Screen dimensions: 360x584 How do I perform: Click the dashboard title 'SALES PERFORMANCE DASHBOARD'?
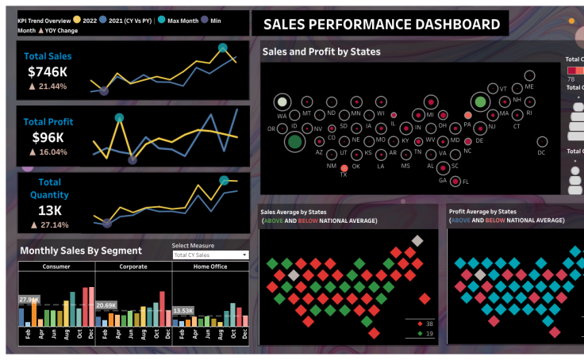pos(382,24)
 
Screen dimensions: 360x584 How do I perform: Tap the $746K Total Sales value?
pos(48,71)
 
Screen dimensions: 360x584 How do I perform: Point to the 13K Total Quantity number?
pos(49,210)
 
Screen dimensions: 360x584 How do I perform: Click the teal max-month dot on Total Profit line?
pos(119,118)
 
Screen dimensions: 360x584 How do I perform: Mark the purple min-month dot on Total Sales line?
pos(104,91)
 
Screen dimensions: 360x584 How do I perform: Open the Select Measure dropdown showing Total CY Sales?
pos(210,255)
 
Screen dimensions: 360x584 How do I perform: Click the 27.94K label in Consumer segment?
pos(29,300)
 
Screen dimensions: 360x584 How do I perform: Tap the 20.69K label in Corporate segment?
pos(106,305)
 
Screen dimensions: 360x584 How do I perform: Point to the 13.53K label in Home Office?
pos(183,310)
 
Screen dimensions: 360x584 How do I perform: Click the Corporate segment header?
pos(133,266)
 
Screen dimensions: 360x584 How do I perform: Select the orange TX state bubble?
pos(344,168)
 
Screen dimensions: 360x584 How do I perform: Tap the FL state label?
pos(466,182)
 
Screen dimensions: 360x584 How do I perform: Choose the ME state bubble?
pos(529,75)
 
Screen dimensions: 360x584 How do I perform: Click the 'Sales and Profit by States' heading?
pos(321,52)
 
